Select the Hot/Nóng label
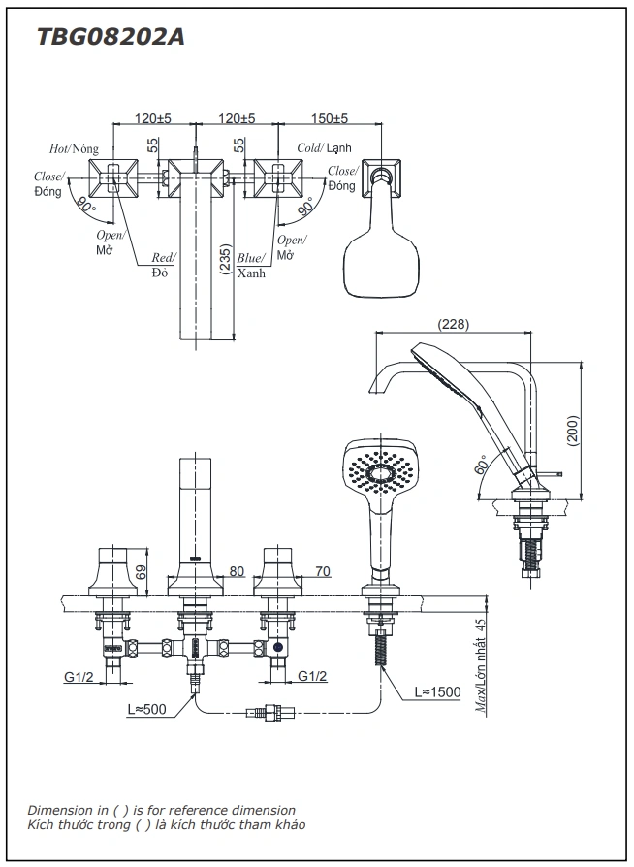75,148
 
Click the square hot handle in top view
112,177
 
